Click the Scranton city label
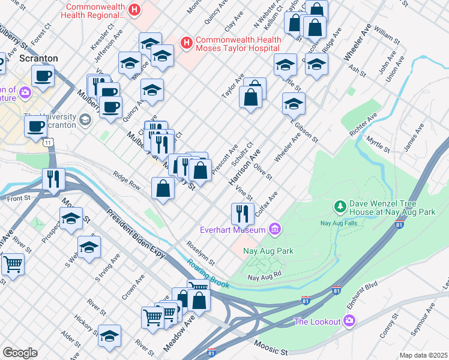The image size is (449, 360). click(x=38, y=58)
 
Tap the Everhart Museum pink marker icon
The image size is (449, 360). click(x=276, y=229)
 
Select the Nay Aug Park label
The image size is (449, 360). click(x=268, y=251)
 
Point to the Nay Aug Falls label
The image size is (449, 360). click(x=338, y=223)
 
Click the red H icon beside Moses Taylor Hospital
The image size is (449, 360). click(x=187, y=43)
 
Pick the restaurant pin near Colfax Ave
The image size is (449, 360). click(x=241, y=212)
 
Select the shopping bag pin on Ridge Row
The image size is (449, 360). click(x=163, y=188)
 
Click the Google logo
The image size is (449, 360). click(x=20, y=353)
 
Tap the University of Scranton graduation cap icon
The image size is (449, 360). click(x=86, y=119)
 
